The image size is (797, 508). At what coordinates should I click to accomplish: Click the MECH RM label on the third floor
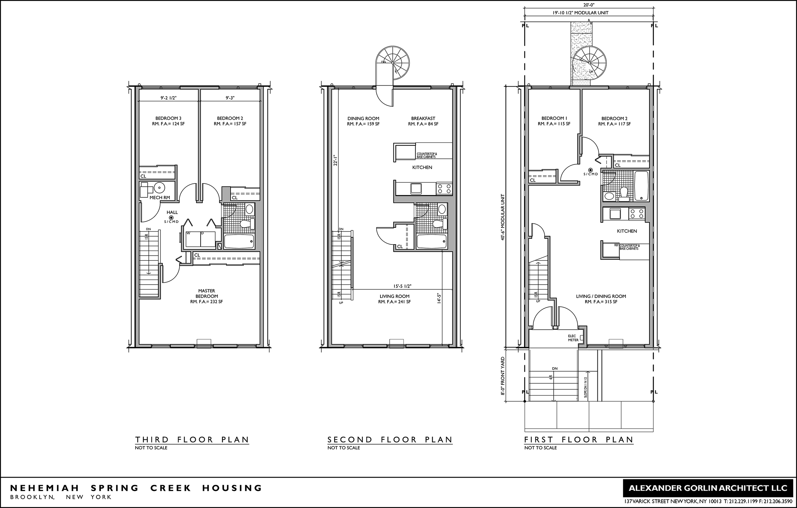pos(160,198)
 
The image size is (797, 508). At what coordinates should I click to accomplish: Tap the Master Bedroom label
pos(207,294)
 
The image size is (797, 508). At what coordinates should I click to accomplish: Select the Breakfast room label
pos(423,119)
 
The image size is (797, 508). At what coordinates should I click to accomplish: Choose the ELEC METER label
pos(573,338)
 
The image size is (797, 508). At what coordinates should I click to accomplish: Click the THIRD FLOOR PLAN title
pos(192,439)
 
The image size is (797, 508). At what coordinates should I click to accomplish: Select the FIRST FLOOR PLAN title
pos(579,439)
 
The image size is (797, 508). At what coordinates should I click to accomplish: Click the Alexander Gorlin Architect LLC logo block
pos(708,488)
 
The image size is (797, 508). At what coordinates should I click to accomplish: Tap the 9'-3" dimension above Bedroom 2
pos(230,98)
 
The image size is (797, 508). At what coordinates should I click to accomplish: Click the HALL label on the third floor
pos(172,212)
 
